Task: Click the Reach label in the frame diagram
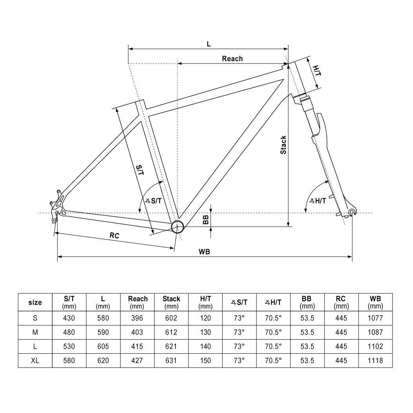pyautogui.click(x=232, y=59)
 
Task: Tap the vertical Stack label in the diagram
pyautogui.click(x=283, y=144)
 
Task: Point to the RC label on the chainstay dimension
pyautogui.click(x=114, y=236)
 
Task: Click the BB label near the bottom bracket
pyautogui.click(x=205, y=219)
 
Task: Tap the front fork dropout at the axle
pyautogui.click(x=352, y=212)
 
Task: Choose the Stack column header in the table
pyautogui.click(x=171, y=302)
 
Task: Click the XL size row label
pyautogui.click(x=35, y=360)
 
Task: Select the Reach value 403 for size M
pyautogui.click(x=138, y=332)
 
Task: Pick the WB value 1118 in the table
pyautogui.click(x=375, y=360)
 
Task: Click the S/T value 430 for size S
pyautogui.click(x=69, y=318)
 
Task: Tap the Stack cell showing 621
pyautogui.click(x=171, y=346)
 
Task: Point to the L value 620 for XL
pyautogui.click(x=103, y=360)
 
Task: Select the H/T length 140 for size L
pyautogui.click(x=205, y=346)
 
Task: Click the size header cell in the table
pyautogui.click(x=35, y=302)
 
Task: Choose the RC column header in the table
pyautogui.click(x=342, y=302)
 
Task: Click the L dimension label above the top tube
pyautogui.click(x=209, y=44)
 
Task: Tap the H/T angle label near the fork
pyautogui.click(x=318, y=201)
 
